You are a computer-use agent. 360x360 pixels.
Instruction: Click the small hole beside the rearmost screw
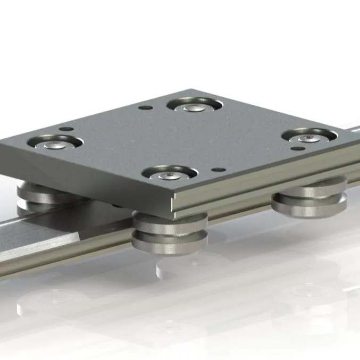click(x=143, y=107)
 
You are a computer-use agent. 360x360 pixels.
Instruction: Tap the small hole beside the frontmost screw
click(x=215, y=170)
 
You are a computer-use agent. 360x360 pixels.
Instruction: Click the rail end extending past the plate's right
click(x=353, y=133)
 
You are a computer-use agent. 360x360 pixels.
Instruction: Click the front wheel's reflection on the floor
click(x=175, y=266)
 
